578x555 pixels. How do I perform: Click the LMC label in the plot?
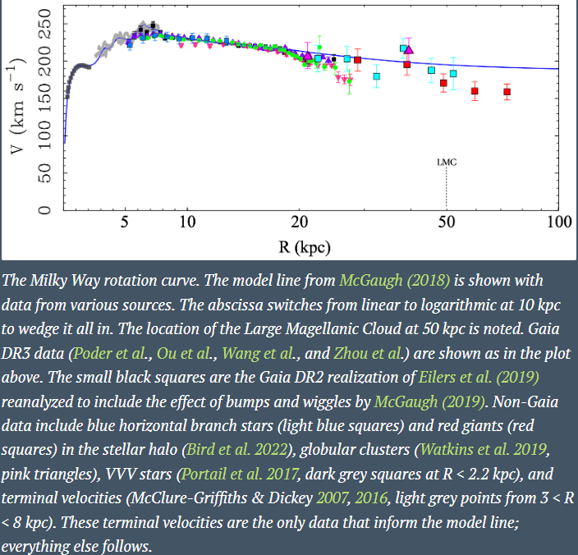[447, 162]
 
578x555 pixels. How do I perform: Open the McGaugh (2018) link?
[395, 281]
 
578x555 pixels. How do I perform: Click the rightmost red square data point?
[507, 91]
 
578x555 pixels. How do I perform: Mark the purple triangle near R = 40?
[409, 50]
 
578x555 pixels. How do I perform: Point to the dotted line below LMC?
[447, 189]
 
